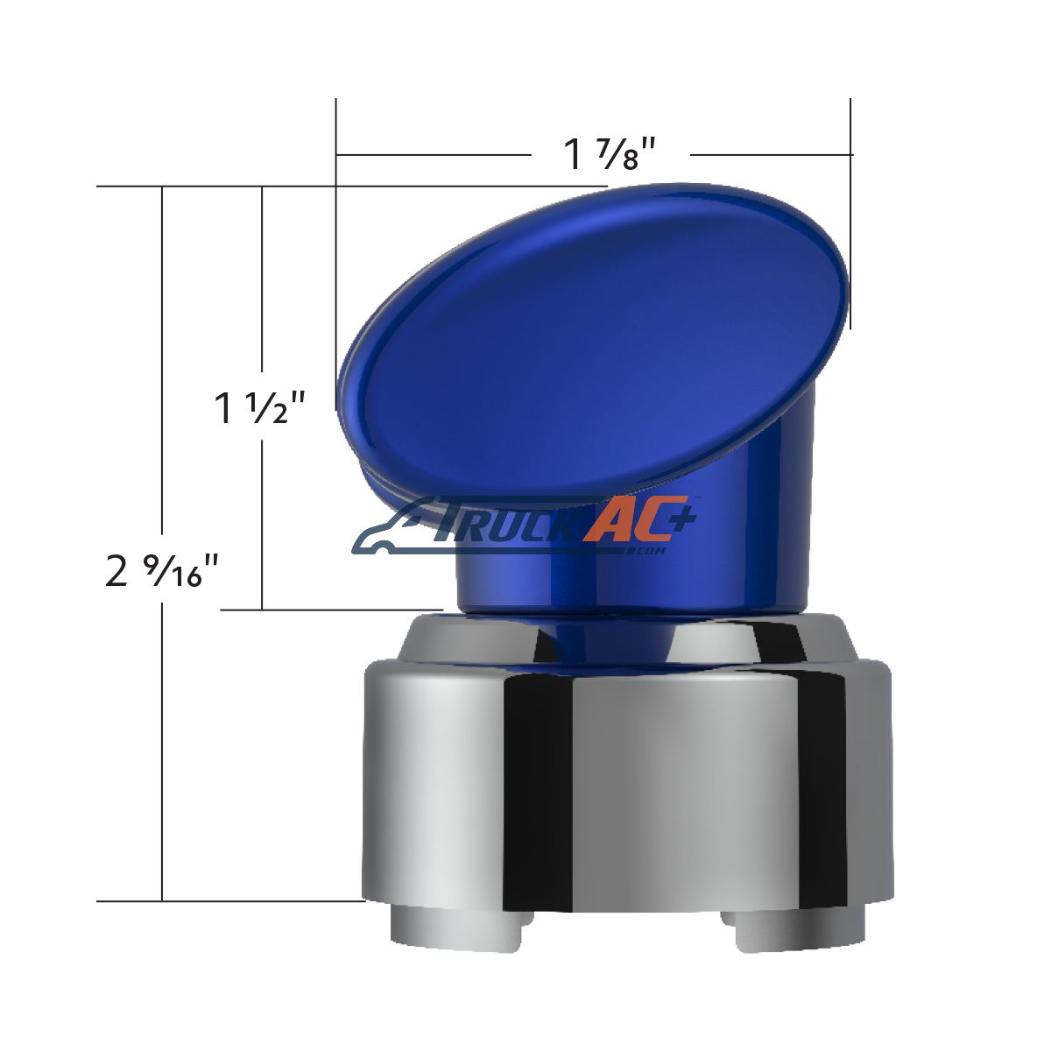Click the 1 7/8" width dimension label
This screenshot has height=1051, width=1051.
[609, 154]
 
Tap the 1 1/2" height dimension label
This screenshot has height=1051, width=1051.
[258, 408]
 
